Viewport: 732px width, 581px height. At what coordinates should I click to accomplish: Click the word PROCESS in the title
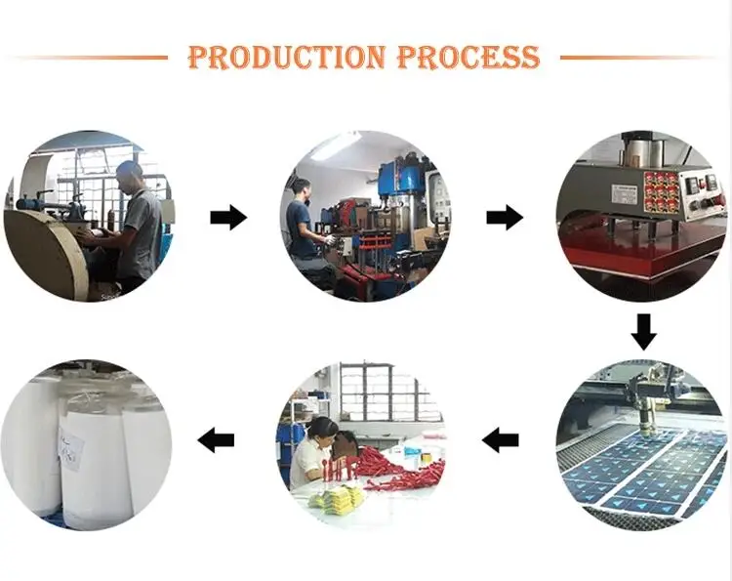pyautogui.click(x=468, y=57)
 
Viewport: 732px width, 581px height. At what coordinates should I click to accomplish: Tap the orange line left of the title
pyautogui.click(x=88, y=57)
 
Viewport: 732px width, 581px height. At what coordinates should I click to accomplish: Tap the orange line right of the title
pyautogui.click(x=643, y=57)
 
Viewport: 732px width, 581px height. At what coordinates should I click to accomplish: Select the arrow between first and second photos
pyautogui.click(x=228, y=218)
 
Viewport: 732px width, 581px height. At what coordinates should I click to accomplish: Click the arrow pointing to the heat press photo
pyautogui.click(x=504, y=218)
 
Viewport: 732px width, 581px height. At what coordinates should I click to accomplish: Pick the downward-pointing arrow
pyautogui.click(x=642, y=331)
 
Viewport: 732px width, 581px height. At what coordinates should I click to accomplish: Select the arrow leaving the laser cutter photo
pyautogui.click(x=502, y=440)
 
